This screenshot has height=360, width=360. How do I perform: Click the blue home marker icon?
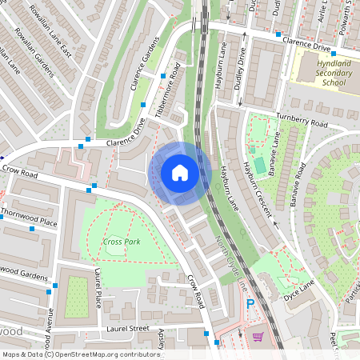[x=180, y=172]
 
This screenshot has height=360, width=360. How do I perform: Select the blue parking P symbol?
[x=250, y=304]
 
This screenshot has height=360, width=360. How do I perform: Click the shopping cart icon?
[x=258, y=337]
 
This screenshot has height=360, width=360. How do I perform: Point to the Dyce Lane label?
[x=302, y=283]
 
